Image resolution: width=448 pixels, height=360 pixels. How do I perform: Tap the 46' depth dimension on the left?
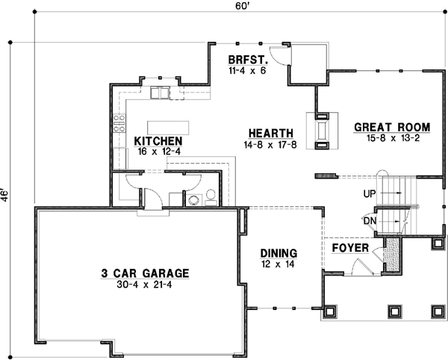[x=7, y=196]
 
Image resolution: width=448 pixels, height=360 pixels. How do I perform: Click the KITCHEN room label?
[x=158, y=140]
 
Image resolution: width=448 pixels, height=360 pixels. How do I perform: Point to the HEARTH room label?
[x=270, y=133]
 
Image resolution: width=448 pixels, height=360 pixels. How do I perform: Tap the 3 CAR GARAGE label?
[x=145, y=273]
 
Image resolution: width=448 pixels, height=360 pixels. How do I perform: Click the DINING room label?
[x=279, y=252]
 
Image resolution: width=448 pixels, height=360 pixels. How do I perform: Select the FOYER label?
[x=349, y=247]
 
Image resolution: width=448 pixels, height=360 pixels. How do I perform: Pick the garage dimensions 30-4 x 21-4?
[x=145, y=285]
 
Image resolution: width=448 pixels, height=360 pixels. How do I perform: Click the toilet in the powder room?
[x=211, y=196]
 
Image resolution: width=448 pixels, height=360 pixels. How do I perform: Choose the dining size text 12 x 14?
[x=279, y=264]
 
